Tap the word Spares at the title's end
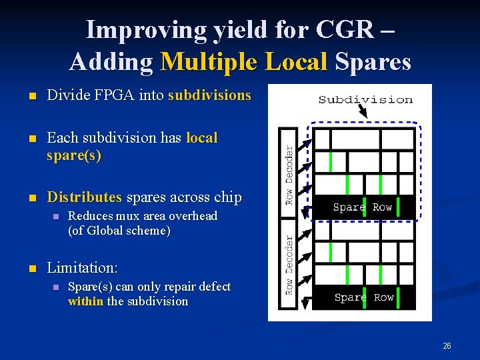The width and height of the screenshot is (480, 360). [373, 61]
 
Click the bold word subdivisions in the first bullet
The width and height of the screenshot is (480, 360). [209, 95]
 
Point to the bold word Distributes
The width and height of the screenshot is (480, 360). [85, 197]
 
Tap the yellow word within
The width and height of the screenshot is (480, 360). [86, 301]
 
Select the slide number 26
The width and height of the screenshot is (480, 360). [447, 345]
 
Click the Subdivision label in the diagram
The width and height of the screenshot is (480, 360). [365, 100]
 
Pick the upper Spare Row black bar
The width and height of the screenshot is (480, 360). [363, 207]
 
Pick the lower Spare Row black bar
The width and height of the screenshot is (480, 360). [364, 297]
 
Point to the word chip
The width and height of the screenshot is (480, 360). [228, 197]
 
